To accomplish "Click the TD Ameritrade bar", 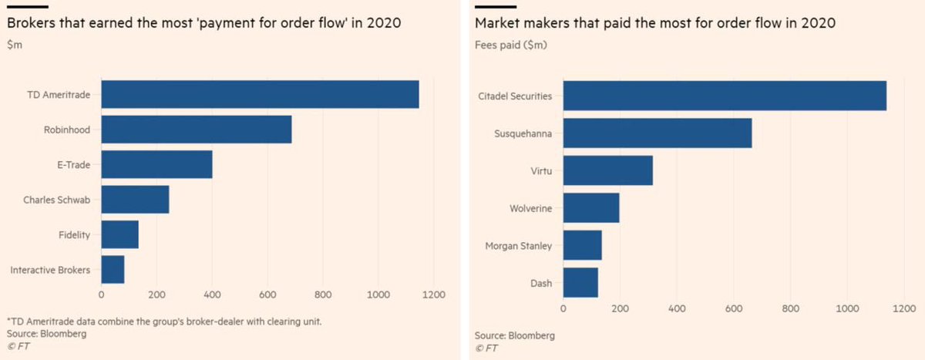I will tap(260, 94).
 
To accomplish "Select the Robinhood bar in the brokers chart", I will tap(197, 130).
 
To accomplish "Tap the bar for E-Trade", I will tap(156, 164).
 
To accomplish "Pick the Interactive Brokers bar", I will tap(113, 269).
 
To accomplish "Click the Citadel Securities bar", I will tap(725, 96).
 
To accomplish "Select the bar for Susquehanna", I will tap(658, 133).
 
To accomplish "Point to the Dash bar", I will tap(580, 282).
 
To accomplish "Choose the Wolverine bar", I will tap(591, 208).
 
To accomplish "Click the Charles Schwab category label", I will tap(57, 200).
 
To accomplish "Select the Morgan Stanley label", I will tap(519, 246).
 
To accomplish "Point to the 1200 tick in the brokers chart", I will tap(433, 294).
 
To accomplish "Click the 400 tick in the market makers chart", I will tap(677, 308).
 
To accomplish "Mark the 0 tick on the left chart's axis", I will tap(102, 294).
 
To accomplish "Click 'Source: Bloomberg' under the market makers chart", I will tap(514, 336).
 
